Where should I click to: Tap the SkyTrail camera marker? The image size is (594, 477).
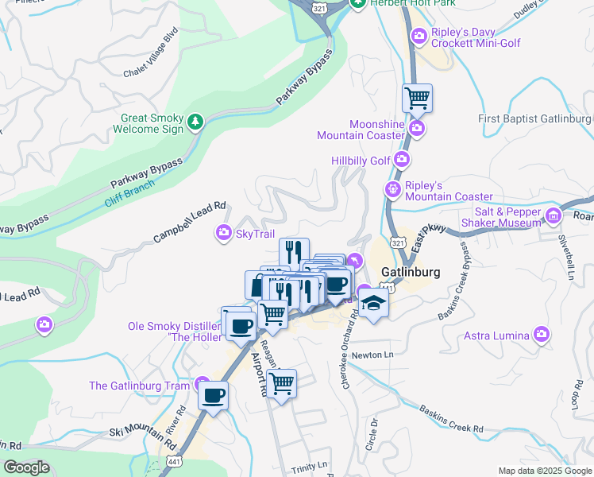(x=224, y=233)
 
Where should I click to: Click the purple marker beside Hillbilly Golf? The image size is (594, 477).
(x=403, y=161)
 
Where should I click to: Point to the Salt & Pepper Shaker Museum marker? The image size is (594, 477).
(x=554, y=215)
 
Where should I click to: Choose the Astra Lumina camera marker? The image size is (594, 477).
(x=542, y=335)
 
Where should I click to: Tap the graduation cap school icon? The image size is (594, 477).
(x=372, y=303)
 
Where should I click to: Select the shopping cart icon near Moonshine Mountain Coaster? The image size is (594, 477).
(x=417, y=99)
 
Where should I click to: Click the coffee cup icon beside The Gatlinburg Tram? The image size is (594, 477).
(x=213, y=395)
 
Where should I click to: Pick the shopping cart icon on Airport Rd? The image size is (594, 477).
(x=281, y=383)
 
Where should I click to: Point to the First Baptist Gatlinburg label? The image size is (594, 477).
(x=535, y=118)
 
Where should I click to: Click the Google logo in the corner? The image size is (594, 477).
(x=26, y=467)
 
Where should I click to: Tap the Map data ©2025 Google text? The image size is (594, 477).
(x=544, y=471)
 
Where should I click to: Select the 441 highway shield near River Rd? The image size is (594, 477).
(x=173, y=461)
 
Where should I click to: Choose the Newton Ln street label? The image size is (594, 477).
(x=372, y=355)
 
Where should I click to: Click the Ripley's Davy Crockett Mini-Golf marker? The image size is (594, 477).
(x=418, y=36)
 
